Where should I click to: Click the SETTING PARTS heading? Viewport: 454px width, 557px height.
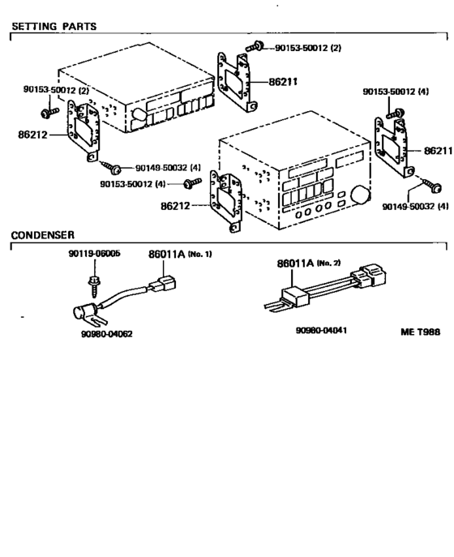point(54,26)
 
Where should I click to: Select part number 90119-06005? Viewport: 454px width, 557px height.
point(93,254)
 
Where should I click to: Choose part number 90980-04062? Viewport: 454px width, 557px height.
point(106,333)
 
